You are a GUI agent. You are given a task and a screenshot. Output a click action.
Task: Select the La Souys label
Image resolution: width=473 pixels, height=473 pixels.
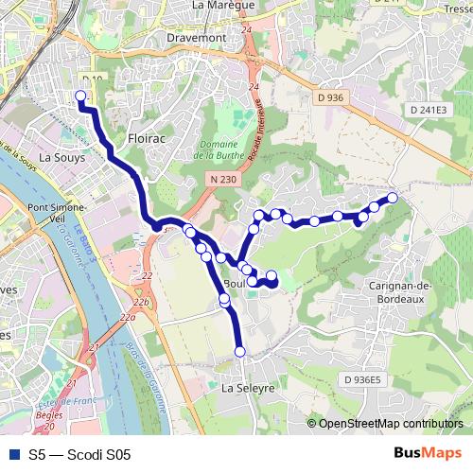62,158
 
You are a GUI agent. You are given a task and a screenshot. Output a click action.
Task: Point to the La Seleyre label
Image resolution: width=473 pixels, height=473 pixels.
248,388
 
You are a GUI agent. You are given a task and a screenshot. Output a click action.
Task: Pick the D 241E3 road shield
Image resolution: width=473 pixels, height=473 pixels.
427,110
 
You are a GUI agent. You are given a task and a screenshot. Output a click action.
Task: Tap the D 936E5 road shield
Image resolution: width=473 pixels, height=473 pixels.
361,380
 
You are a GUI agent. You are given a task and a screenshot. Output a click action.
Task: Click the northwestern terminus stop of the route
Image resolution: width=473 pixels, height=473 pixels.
80,96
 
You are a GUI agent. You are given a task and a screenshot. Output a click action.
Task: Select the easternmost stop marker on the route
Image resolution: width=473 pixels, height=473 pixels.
393,198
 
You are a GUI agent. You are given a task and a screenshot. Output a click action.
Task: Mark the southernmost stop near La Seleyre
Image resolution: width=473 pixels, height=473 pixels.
239,352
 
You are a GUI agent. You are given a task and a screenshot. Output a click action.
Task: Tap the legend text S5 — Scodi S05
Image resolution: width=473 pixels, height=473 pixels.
79,455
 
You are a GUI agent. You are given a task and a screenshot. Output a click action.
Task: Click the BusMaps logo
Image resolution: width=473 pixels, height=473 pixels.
428,454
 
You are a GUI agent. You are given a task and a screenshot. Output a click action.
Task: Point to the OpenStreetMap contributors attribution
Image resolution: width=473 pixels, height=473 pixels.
390,424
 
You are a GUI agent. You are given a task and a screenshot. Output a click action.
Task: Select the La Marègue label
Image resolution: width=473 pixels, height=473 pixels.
223,5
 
